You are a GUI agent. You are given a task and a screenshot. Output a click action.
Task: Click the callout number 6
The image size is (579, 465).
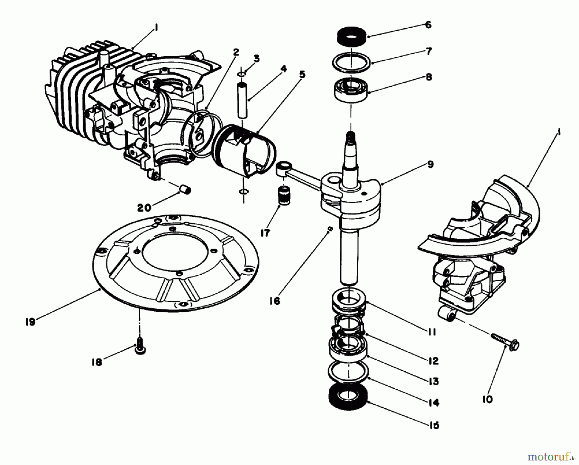[428, 25]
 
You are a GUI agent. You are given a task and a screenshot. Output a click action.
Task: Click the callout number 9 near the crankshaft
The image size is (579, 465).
[430, 165]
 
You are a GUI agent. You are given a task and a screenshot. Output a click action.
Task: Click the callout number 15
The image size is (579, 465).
[434, 425]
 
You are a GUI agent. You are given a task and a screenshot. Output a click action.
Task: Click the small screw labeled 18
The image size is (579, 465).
[140, 350]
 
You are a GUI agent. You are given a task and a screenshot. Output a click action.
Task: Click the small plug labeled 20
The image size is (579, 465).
[186, 189]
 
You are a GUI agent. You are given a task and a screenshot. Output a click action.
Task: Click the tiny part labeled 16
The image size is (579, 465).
[329, 228]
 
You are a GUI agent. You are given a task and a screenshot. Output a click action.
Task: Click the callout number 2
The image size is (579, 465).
[236, 52]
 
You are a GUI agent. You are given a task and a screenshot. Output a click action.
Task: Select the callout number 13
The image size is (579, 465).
[434, 382]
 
